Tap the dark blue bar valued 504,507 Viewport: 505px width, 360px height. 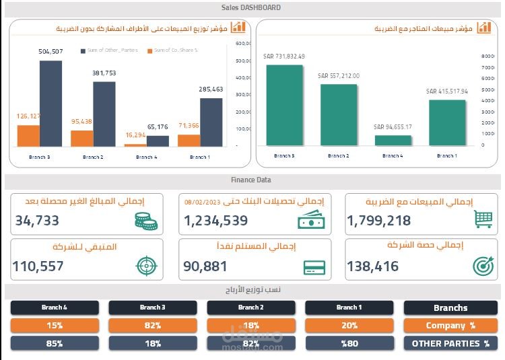50,104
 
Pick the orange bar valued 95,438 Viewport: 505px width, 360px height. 81,138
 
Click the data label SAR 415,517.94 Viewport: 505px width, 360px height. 446,91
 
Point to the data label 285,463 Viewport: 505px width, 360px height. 210,89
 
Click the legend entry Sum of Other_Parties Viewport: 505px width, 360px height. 109,50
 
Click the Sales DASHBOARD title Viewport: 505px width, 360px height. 250,8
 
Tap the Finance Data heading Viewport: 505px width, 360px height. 250,180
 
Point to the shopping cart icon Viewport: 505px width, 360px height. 483,219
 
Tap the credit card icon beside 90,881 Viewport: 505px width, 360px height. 314,266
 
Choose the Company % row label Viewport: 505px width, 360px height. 450,326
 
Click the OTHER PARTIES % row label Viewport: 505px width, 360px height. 450,343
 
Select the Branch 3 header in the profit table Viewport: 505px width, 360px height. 153,308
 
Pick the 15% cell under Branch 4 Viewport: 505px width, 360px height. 55,326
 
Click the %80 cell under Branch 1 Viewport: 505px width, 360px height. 349,343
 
